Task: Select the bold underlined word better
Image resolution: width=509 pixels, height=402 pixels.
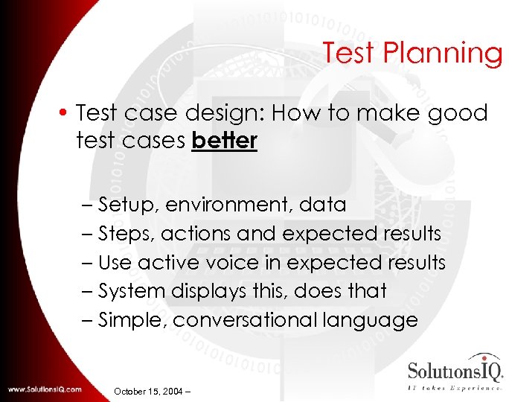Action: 224,141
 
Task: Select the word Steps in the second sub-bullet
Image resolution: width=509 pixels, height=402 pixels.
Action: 126,234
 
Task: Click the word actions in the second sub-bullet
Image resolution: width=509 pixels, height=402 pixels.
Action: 197,234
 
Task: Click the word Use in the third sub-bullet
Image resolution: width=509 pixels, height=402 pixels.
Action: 115,263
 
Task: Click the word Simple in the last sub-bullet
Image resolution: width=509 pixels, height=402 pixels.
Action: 131,320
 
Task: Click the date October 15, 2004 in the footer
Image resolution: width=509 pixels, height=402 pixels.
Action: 149,391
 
